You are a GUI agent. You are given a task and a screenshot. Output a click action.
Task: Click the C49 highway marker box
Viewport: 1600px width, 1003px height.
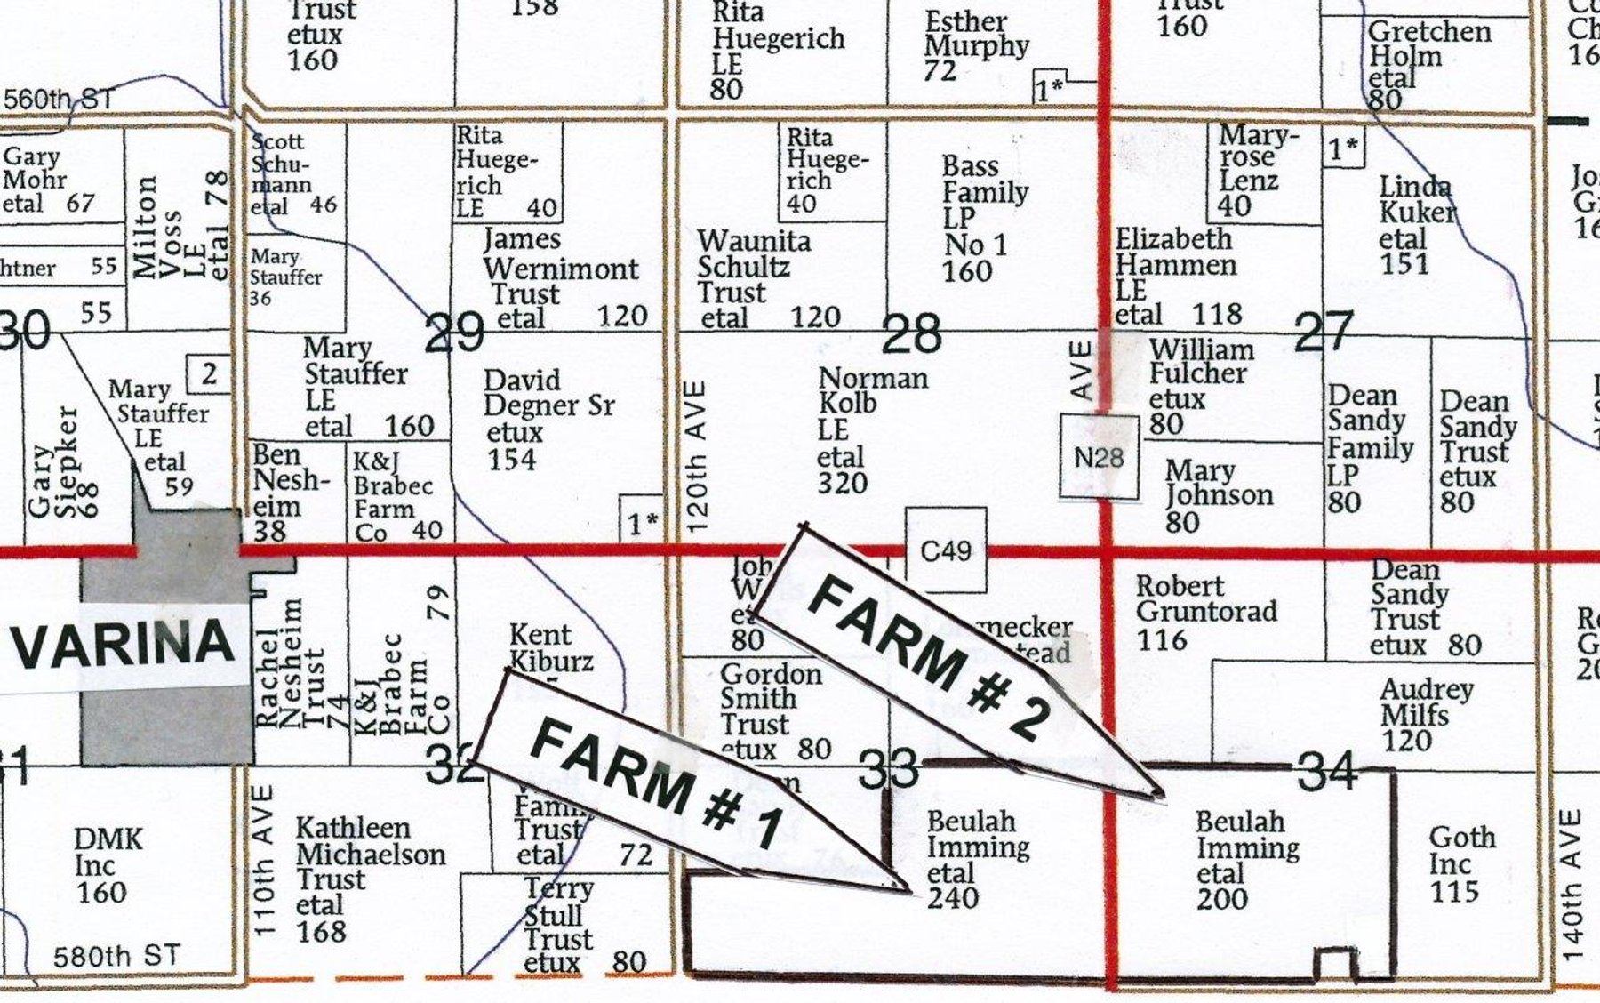(x=946, y=551)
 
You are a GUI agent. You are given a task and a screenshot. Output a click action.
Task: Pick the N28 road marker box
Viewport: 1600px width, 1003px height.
(x=1099, y=457)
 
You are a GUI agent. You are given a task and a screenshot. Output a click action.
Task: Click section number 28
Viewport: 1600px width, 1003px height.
(x=911, y=334)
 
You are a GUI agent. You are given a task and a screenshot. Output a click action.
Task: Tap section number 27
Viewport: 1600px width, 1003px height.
(x=1324, y=331)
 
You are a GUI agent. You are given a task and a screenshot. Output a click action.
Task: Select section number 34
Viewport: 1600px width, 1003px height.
(x=1327, y=770)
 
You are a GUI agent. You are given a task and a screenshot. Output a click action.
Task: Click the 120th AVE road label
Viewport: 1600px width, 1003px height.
(x=697, y=457)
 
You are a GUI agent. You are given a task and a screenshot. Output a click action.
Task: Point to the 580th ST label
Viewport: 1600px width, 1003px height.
(x=116, y=957)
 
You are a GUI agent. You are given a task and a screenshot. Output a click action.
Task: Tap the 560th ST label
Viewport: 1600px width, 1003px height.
(x=59, y=99)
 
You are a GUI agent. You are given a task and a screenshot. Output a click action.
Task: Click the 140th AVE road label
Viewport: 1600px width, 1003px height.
(x=1572, y=885)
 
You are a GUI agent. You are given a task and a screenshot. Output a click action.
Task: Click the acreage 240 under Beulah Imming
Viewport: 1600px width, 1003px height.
(x=953, y=898)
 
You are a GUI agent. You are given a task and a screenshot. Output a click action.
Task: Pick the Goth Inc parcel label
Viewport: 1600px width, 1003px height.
(x=1461, y=850)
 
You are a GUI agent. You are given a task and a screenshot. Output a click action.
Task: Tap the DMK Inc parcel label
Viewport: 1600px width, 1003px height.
(x=108, y=851)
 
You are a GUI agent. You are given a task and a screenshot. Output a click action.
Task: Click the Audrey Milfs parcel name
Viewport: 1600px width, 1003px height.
(x=1427, y=702)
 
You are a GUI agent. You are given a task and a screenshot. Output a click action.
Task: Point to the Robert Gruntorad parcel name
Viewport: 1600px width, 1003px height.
(x=1205, y=599)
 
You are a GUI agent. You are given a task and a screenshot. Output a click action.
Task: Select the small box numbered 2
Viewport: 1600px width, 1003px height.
(x=209, y=374)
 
